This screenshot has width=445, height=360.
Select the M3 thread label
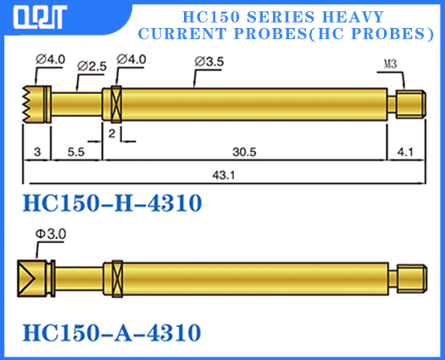coord(391,64)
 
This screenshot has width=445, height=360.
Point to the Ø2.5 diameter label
coord(91,65)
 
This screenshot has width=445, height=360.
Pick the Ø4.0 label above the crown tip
coord(48,59)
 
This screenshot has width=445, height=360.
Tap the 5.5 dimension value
coord(75,152)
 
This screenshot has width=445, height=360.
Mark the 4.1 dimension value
coord(404,152)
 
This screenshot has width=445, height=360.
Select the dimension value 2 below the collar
coord(111,133)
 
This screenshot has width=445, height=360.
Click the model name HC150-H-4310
coord(111,204)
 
